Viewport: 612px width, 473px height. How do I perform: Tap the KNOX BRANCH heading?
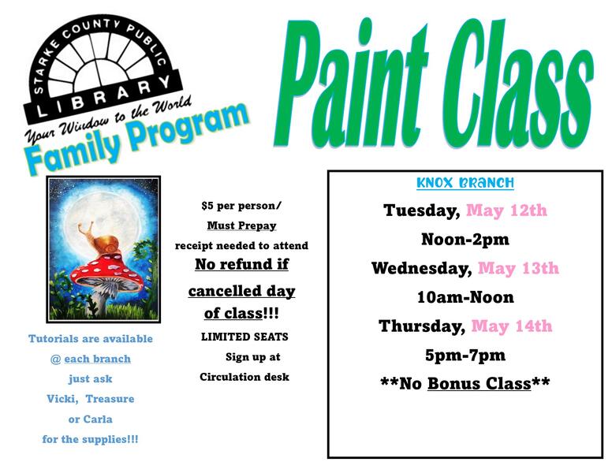coord(465,184)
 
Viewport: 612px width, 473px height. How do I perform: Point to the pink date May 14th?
coord(511,326)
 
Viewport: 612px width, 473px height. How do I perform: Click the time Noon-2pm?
coord(465,240)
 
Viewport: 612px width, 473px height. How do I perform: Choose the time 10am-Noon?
coord(465,298)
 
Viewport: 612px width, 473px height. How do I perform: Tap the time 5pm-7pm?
coord(465,356)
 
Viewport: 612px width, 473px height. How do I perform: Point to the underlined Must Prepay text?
coord(241,225)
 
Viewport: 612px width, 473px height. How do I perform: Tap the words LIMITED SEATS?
coord(244,337)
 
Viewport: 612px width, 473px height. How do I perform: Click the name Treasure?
coord(110,399)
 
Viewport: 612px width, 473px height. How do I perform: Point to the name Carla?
coord(98,419)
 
